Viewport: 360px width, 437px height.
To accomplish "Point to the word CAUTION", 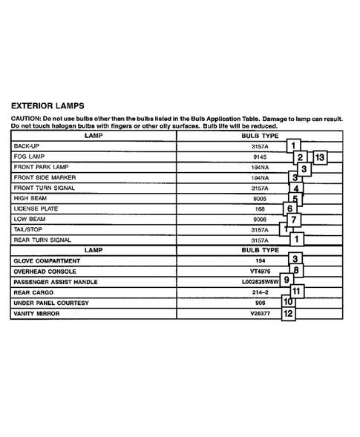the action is coord(26,119).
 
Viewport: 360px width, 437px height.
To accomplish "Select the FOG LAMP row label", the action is coord(30,157).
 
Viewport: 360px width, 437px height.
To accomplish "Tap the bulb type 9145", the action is coord(259,157).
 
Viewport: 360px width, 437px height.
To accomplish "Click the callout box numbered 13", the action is coord(320,157).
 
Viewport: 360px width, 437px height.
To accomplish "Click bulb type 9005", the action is coord(259,199).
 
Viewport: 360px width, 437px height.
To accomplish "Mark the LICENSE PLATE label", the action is coord(36,209).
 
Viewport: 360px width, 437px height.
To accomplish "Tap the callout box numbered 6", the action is coord(291,208).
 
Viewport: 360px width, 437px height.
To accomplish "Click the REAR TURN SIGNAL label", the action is coord(42,240).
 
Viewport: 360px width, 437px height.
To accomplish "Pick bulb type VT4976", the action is coord(259,272).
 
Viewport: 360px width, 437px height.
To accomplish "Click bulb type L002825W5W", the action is coord(258,282).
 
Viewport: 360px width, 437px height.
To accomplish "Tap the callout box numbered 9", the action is coord(287,280).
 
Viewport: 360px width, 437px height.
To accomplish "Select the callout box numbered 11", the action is coord(296,291).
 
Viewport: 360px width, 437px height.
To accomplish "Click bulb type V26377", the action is coord(259,314).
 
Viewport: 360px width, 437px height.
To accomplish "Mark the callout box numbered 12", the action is coord(289,314).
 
